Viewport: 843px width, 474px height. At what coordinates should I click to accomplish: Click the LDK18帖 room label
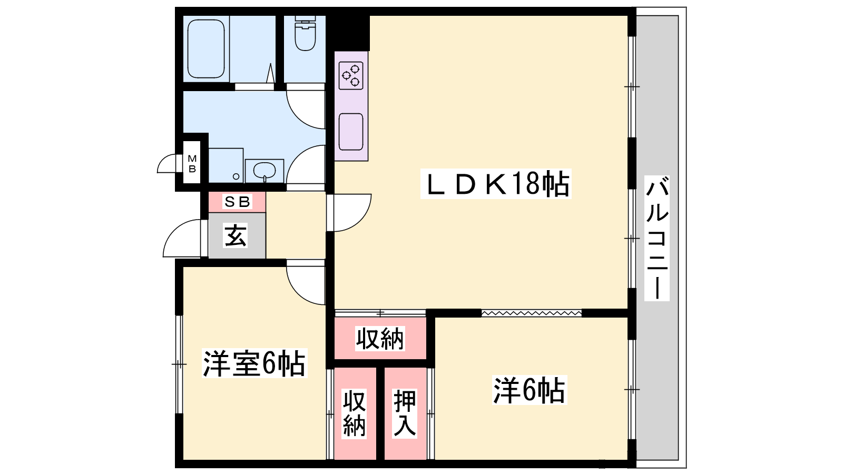[496, 184]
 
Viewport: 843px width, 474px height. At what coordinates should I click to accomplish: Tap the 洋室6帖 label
[254, 363]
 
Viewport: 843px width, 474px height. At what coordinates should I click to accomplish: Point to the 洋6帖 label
[529, 390]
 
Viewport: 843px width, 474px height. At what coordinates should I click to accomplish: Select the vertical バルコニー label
[656, 238]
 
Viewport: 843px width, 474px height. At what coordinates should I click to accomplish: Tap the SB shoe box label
[237, 202]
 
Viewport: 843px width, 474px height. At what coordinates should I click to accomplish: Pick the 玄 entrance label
[236, 235]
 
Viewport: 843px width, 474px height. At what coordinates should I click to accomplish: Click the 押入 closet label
[405, 413]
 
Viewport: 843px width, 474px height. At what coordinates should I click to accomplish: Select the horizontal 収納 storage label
[380, 339]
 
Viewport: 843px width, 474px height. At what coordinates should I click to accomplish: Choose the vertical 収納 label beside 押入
[354, 413]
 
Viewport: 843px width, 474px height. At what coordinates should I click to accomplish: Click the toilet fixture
[305, 33]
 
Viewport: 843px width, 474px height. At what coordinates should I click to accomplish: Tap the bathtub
[206, 49]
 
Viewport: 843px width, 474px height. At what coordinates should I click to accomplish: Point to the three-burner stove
[351, 76]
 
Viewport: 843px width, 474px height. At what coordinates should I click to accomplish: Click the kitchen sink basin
[351, 132]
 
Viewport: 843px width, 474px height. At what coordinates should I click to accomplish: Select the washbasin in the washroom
[264, 171]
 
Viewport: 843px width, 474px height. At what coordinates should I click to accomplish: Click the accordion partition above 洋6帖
[532, 313]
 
